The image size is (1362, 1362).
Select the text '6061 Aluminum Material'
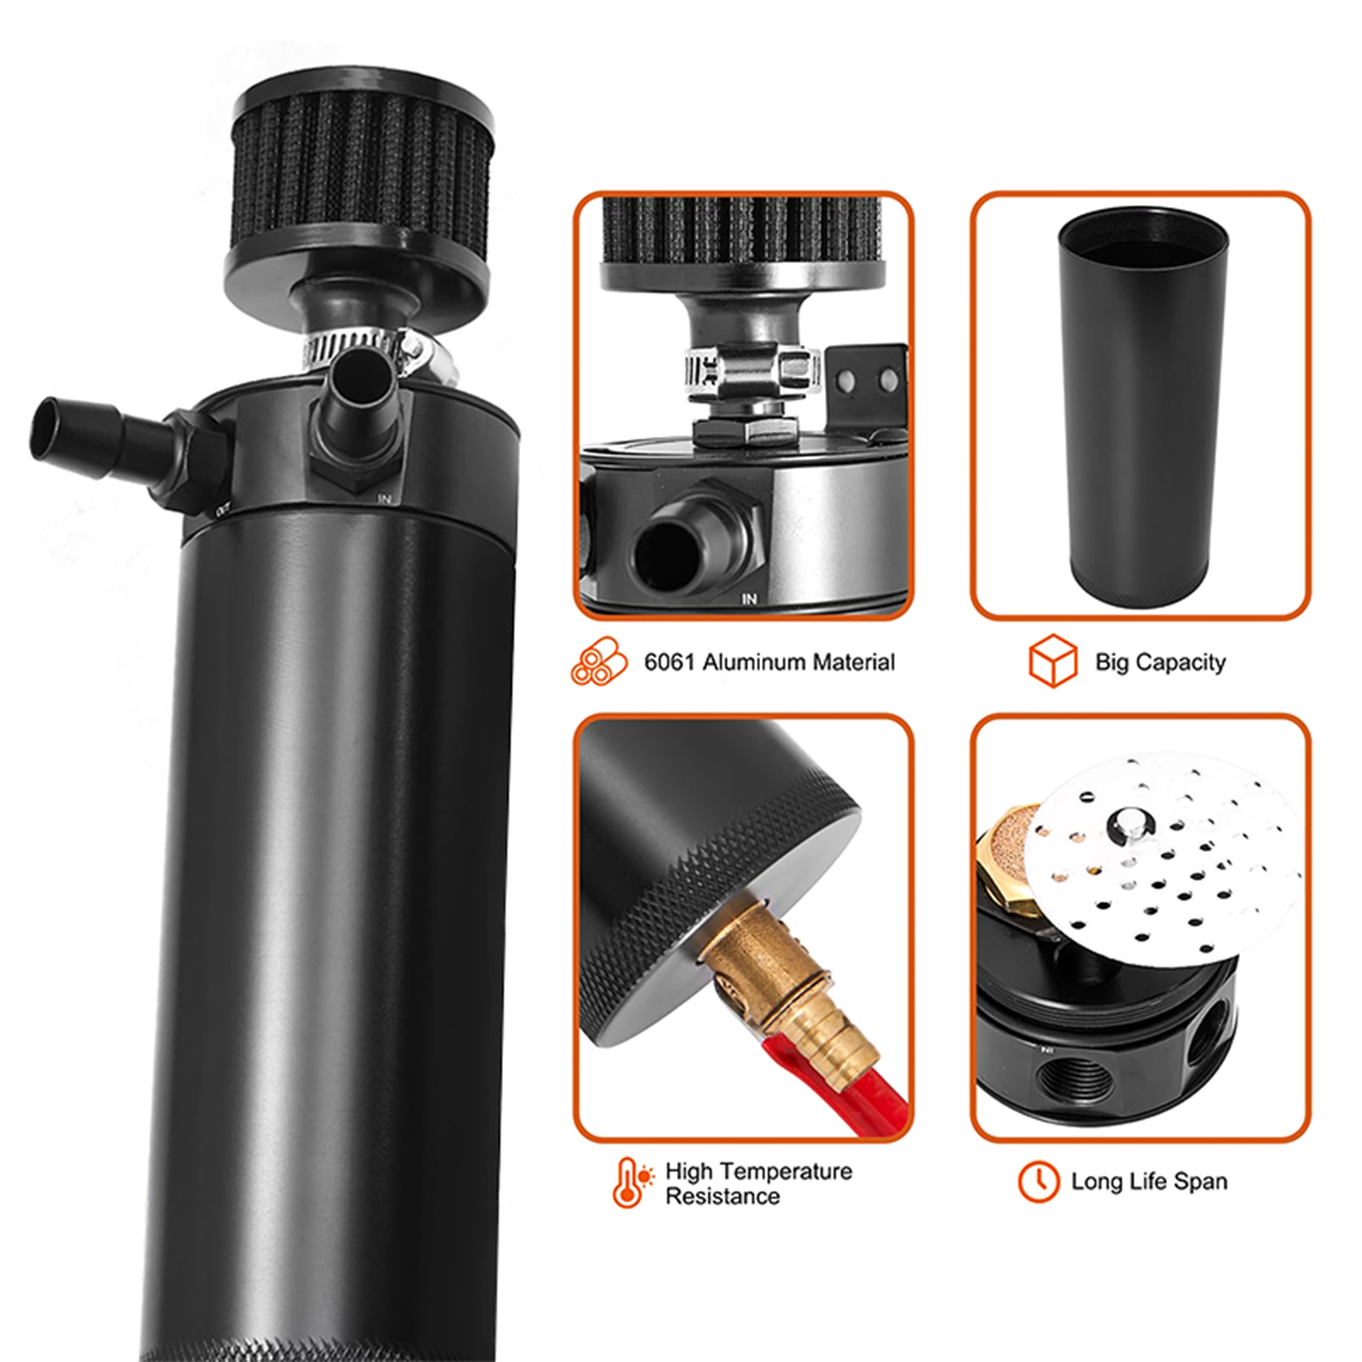pyautogui.click(x=770, y=662)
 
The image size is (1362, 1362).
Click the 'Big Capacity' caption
pyautogui.click(x=1160, y=662)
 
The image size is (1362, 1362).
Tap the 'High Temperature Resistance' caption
pyautogui.click(x=758, y=1183)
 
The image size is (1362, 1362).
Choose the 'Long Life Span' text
pyautogui.click(x=1149, y=1182)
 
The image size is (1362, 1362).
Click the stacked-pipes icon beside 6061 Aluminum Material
pyautogui.click(x=598, y=661)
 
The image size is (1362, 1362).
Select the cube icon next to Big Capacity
pyautogui.click(x=1053, y=661)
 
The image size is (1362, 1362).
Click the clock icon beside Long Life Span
pyautogui.click(x=1039, y=1182)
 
